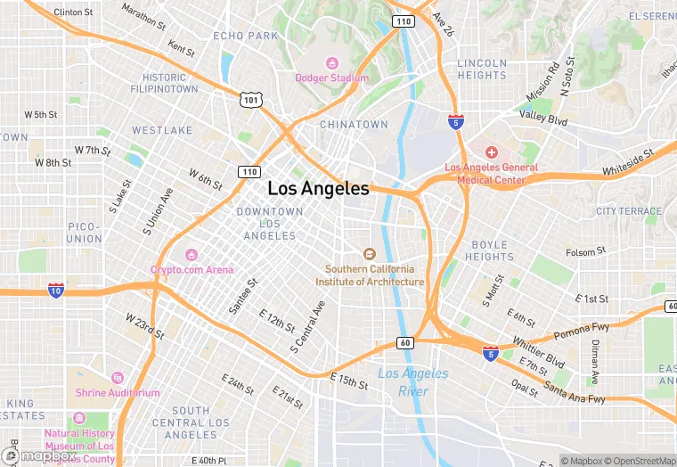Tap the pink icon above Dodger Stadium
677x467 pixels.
(332, 62)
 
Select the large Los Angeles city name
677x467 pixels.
(318, 189)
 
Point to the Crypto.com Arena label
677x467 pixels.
(192, 270)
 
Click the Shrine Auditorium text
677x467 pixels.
(117, 393)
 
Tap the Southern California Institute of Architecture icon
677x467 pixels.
(370, 254)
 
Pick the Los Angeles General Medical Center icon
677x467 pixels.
(491, 152)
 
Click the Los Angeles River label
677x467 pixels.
(413, 381)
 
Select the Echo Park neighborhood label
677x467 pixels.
(246, 36)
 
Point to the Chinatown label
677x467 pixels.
(354, 125)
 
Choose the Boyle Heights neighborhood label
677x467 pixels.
(489, 250)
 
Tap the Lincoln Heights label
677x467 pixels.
(482, 70)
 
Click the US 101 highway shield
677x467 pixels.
(250, 100)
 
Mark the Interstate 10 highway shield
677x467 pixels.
(56, 290)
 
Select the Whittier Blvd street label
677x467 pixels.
(538, 352)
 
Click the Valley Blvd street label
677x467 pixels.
(543, 117)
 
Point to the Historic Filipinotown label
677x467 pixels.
(164, 84)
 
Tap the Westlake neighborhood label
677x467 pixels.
(162, 130)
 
